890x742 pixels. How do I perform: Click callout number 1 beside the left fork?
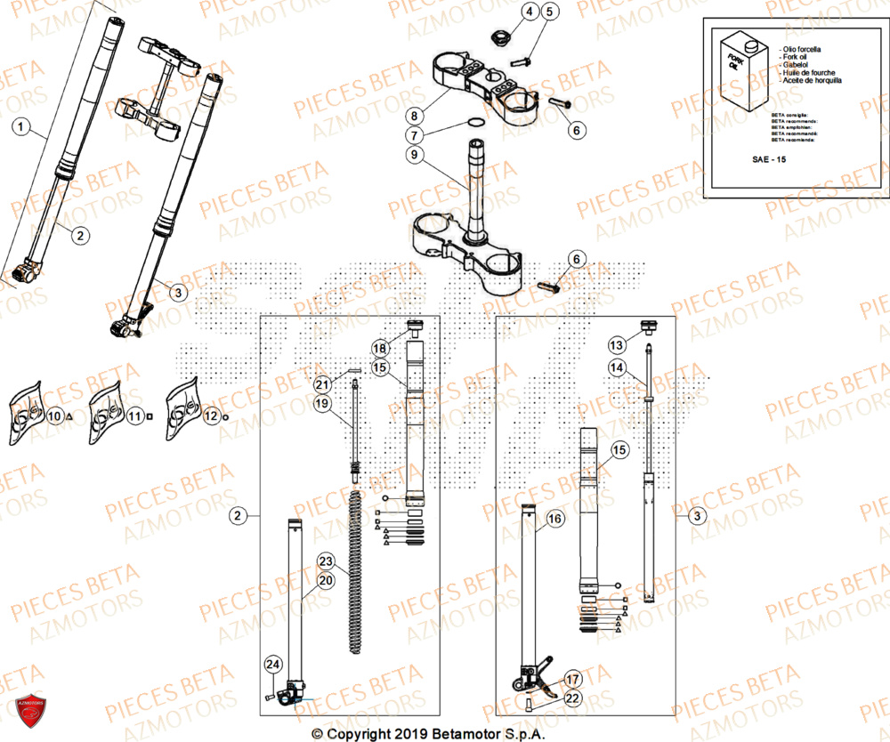click(22, 127)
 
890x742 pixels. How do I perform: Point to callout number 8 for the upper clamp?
click(414, 116)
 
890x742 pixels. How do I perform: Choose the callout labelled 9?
click(414, 155)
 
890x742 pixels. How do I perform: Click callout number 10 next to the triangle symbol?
click(54, 415)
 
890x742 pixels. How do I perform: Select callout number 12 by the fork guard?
click(210, 415)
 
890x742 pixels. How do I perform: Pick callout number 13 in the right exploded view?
click(617, 344)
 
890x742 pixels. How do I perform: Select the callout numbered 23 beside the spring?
click(326, 561)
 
